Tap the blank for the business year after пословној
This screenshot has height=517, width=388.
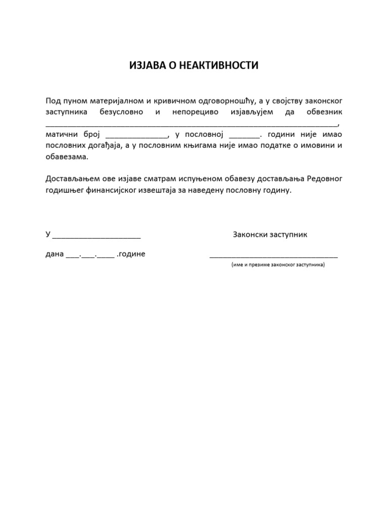[244, 136]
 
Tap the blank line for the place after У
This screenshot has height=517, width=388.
[96, 236]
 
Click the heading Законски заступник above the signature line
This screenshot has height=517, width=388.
[270, 235]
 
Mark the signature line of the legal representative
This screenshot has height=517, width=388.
[274, 256]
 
